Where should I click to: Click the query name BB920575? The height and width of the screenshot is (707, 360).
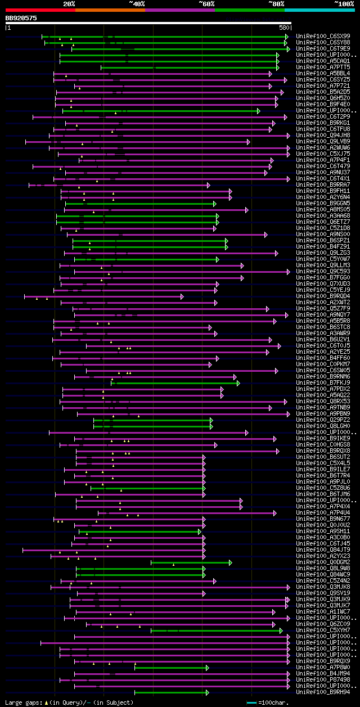(21, 18)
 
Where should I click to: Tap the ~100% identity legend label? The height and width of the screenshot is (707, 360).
(343, 3)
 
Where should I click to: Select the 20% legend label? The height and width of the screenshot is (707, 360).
(69, 3)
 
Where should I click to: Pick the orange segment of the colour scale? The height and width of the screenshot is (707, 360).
(110, 10)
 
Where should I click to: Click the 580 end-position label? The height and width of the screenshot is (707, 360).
(283, 27)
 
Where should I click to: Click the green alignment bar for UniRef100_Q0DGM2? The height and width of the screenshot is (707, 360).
(191, 562)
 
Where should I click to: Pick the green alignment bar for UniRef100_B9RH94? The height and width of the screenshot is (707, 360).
(172, 692)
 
